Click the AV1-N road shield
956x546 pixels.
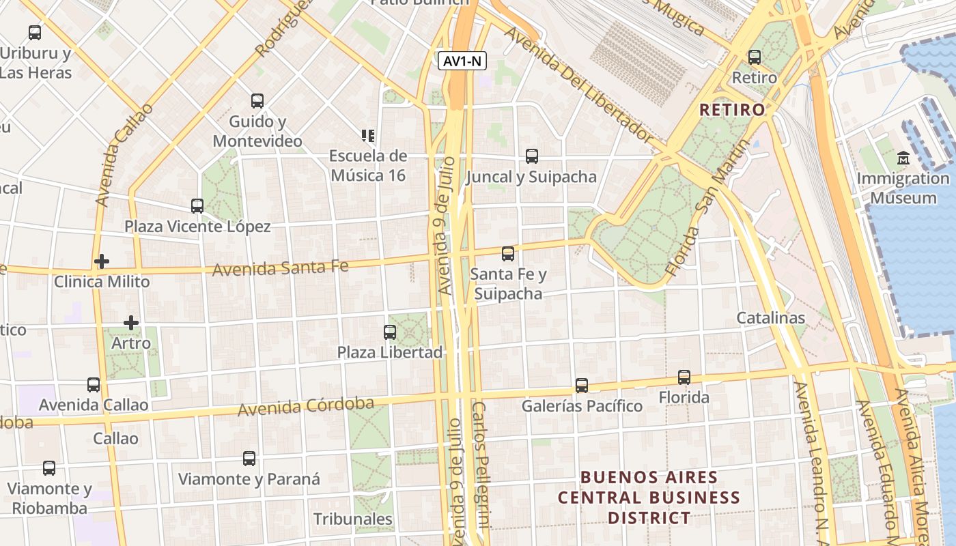(x=462, y=61)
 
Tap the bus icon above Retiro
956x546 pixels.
(x=755, y=57)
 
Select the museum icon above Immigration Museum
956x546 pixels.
(x=904, y=158)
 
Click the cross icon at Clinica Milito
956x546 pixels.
(x=102, y=261)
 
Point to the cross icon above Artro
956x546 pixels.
(x=131, y=322)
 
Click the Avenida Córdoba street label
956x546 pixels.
(x=306, y=407)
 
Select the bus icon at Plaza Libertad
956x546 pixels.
(x=390, y=332)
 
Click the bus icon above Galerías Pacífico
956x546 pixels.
(x=582, y=386)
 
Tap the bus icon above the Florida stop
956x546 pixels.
(x=684, y=377)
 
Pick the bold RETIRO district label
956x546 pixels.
(x=732, y=110)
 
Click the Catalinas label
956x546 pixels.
(x=770, y=318)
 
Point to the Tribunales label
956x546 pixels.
(x=352, y=519)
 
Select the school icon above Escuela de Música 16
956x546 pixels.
(x=369, y=136)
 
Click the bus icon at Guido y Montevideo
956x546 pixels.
(x=257, y=101)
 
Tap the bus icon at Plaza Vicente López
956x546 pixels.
(x=197, y=206)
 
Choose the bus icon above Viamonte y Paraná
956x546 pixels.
(x=249, y=459)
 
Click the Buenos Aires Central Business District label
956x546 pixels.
(x=649, y=498)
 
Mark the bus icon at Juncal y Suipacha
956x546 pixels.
(x=532, y=156)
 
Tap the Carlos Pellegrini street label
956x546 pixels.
(x=481, y=464)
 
